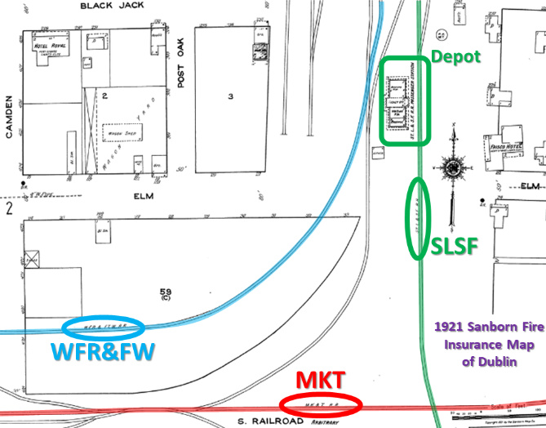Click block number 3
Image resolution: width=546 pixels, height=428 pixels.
(231, 97)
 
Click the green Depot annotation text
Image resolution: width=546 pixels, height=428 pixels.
(456, 56)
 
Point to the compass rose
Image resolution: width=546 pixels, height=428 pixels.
(451, 168)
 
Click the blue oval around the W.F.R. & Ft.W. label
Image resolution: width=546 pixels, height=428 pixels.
(104, 328)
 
